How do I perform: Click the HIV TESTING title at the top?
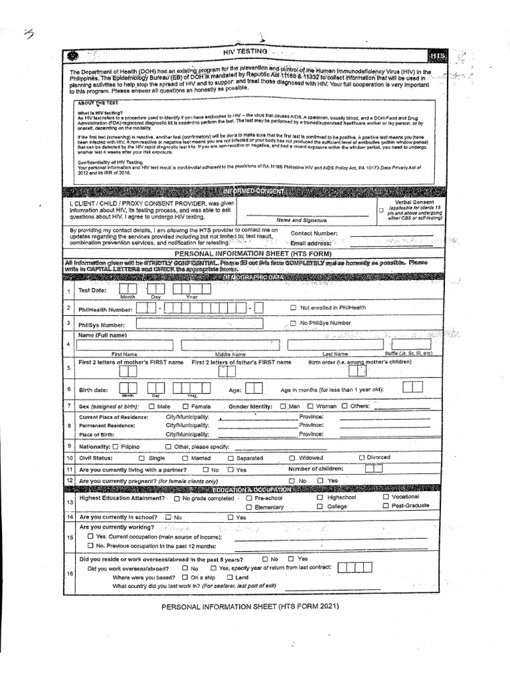(246, 51)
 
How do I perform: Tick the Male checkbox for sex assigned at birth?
(151, 406)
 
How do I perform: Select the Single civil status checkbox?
(141, 458)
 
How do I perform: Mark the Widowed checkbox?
(292, 458)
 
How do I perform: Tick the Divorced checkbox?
(362, 458)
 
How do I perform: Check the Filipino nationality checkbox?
(116, 447)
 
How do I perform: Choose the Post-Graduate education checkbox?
(386, 506)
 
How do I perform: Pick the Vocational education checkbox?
(386, 497)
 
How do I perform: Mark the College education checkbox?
(320, 507)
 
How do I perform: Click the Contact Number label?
(314, 233)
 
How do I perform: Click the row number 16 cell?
(69, 573)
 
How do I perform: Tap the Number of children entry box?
(374, 469)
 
